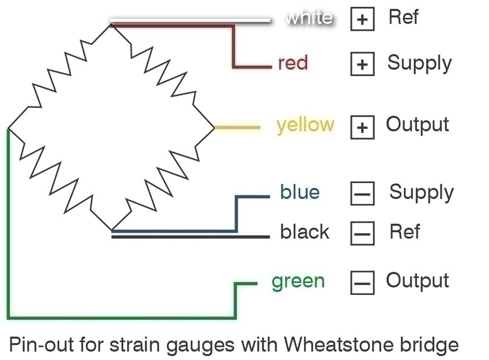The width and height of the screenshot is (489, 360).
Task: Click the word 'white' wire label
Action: point(309,18)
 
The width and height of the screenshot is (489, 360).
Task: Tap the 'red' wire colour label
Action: point(293,63)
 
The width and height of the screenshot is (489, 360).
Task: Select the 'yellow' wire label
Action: point(305,125)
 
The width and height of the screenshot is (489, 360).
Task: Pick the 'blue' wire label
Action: point(300,192)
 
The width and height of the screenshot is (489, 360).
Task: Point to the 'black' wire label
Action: point(304,232)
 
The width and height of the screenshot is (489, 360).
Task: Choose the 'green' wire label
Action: point(298,281)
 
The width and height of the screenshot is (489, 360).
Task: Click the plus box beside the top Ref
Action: point(362,19)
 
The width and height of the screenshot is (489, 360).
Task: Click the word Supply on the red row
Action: point(419,63)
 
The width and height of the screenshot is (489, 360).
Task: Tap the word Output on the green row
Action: point(417,281)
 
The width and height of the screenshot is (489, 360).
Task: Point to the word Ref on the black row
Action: point(404,232)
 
